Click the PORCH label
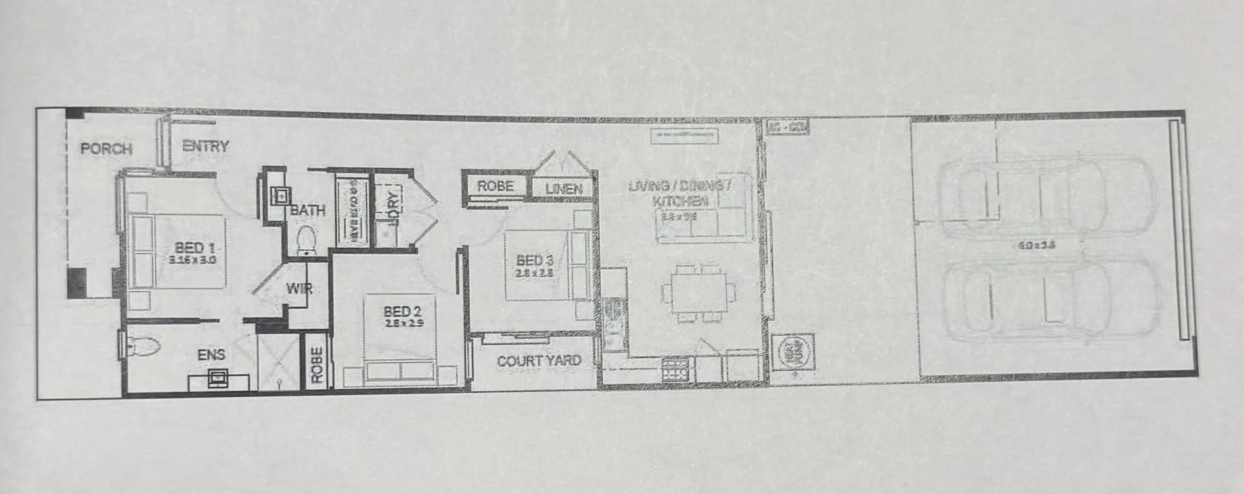(106, 148)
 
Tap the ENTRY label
(205, 146)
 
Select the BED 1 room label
(194, 247)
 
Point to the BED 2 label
(402, 313)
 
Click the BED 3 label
(535, 260)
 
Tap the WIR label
(299, 288)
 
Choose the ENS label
(211, 354)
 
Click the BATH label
(308, 210)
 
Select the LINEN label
(563, 189)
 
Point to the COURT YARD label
(538, 361)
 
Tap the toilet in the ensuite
(143, 347)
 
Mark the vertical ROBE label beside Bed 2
(316, 365)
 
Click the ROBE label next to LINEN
(495, 186)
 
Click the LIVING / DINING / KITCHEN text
(680, 193)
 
